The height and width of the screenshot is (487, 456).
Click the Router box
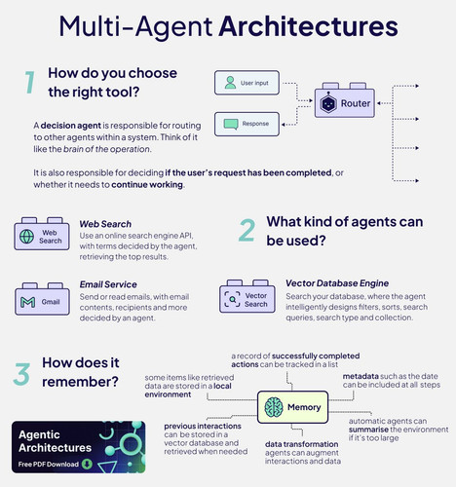pos(345,102)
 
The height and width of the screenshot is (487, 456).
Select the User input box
pos(247,83)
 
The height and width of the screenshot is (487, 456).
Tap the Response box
pos(247,124)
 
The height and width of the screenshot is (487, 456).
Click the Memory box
pos(292,407)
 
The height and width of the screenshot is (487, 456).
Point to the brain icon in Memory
pos(274,407)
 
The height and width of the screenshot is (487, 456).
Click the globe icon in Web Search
pos(26,237)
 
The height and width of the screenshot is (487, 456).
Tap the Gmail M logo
pos(28,302)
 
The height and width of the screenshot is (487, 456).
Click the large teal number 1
pos(29,83)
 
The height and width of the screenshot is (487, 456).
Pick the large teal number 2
pos(247,230)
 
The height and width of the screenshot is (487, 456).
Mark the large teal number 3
pos(21,374)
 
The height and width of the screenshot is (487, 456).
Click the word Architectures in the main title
pos(308,26)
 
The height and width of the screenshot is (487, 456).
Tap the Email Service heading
pos(108,284)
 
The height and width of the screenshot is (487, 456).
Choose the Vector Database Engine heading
pos(337,283)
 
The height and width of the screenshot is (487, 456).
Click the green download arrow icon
pos(87,464)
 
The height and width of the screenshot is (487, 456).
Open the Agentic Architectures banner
pos(78,447)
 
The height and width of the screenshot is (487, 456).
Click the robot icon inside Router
pos(328,103)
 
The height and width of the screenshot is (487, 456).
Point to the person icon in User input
pos(230,83)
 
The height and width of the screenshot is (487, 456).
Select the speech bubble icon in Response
pos(231,124)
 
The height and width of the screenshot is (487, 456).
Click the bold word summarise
pos(368,430)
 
